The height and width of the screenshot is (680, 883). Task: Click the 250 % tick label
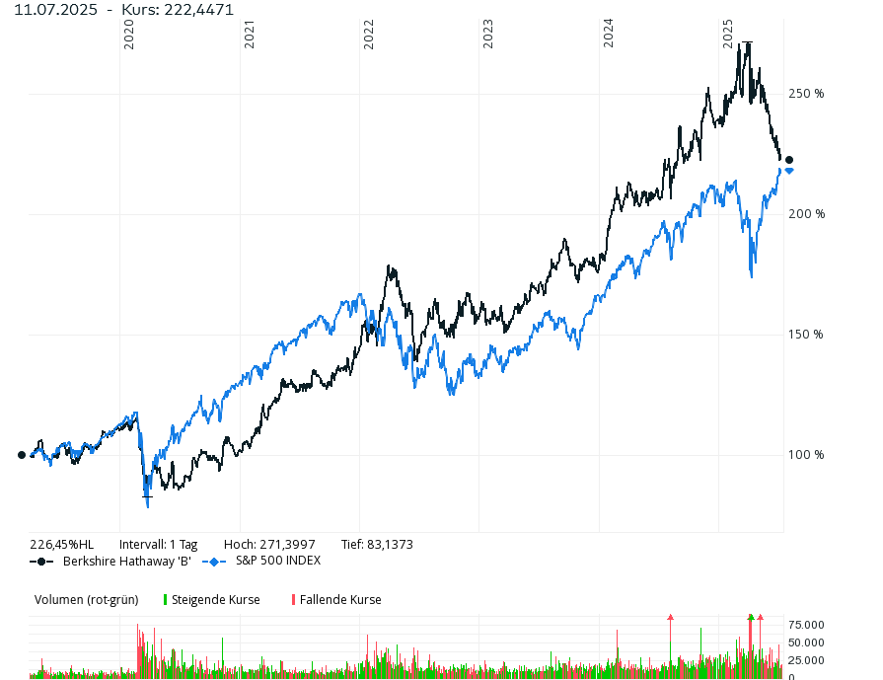(x=806, y=94)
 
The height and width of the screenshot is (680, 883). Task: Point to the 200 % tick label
(x=806, y=214)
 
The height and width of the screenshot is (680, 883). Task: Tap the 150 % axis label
(x=806, y=335)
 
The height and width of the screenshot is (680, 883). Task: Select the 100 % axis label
(x=806, y=455)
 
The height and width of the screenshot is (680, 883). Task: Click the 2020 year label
(x=129, y=36)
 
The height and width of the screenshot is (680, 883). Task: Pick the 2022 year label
(x=369, y=36)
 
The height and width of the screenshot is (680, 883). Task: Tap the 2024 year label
(x=609, y=36)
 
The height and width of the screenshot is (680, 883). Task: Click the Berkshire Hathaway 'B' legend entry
(x=126, y=561)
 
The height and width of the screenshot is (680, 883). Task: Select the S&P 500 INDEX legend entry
(x=277, y=561)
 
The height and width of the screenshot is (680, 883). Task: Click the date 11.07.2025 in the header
(x=55, y=9)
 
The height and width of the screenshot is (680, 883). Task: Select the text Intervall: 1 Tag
(x=158, y=544)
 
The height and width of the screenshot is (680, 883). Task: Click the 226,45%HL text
(x=61, y=544)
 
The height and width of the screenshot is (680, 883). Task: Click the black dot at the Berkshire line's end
(x=788, y=160)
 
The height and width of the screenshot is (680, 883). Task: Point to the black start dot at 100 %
(x=22, y=455)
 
